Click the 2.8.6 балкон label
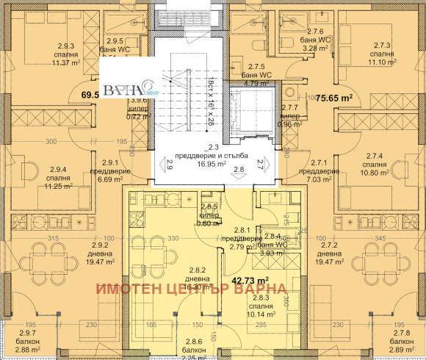click(193, 346)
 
